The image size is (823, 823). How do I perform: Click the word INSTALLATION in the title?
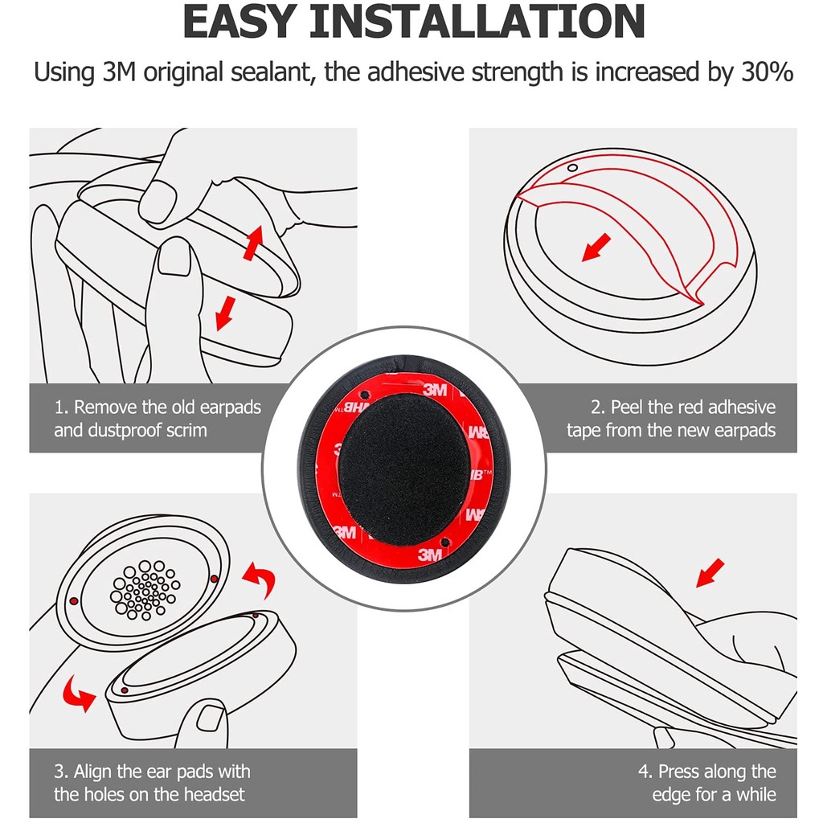click(x=477, y=22)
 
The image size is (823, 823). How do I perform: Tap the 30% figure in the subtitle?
click(x=767, y=72)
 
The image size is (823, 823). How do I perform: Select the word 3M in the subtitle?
click(x=119, y=72)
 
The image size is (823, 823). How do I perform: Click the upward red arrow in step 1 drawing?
click(x=252, y=243)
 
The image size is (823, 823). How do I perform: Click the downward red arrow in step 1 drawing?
click(x=226, y=313)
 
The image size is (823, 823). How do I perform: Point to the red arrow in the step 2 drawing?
click(x=596, y=248)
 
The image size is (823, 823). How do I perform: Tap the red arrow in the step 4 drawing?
click(x=710, y=572)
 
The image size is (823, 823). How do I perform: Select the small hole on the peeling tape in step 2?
click(x=572, y=168)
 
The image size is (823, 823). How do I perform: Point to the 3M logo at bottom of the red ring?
click(x=430, y=554)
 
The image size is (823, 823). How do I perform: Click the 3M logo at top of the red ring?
click(x=435, y=389)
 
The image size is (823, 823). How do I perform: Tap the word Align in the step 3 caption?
click(x=92, y=772)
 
